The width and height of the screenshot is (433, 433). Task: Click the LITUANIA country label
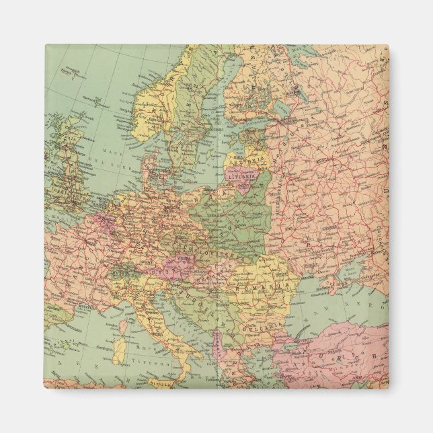click(246, 176)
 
